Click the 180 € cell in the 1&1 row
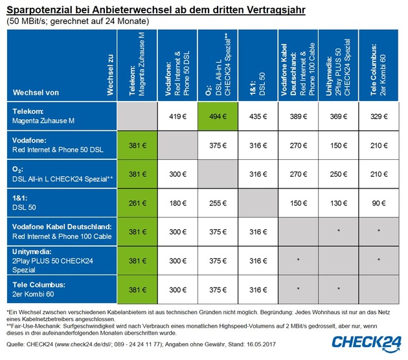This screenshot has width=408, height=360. [177, 201]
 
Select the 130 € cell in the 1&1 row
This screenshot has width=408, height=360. [337, 201]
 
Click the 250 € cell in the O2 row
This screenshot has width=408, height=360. [337, 173]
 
